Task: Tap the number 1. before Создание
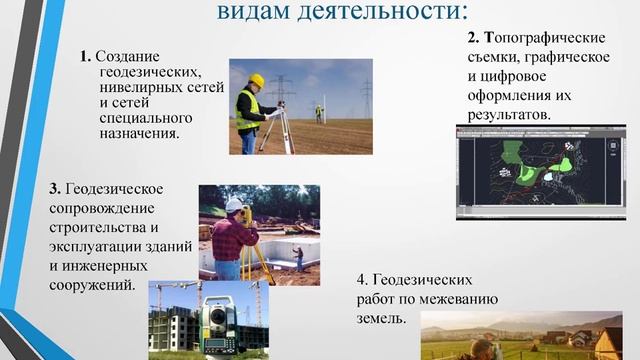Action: tap(87, 57)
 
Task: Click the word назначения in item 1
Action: tap(139, 133)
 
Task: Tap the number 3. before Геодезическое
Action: tap(55, 189)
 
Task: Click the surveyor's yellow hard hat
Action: tap(257, 80)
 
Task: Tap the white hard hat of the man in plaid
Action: tap(234, 204)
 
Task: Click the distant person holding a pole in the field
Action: tap(319, 113)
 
